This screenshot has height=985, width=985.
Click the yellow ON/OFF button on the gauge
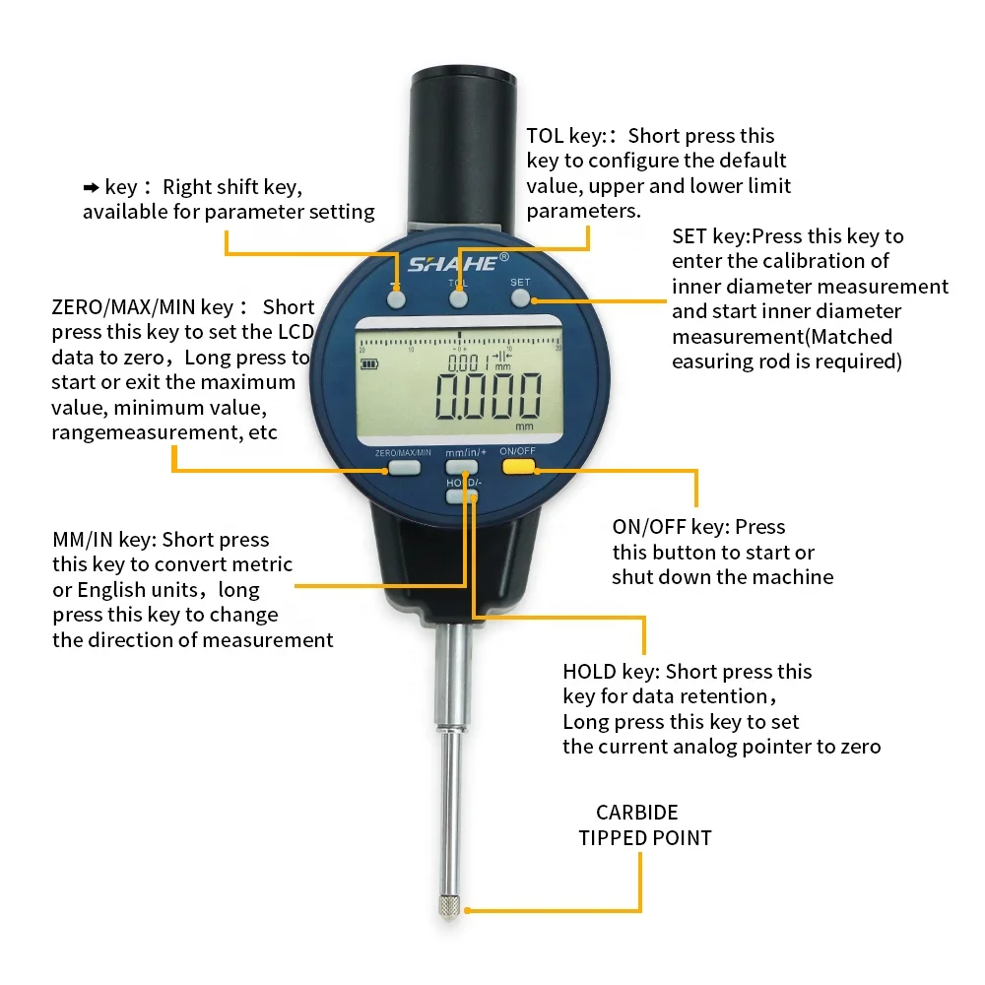coord(518,467)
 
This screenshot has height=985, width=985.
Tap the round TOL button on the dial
coord(458,298)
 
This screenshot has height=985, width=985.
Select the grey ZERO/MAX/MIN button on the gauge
coord(402,467)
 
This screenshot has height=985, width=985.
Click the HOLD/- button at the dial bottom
coord(460,496)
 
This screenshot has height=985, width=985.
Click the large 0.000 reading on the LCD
coord(490,396)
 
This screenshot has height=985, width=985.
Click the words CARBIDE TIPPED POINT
coord(643,825)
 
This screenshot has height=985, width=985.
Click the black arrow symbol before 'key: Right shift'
coord(92,187)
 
